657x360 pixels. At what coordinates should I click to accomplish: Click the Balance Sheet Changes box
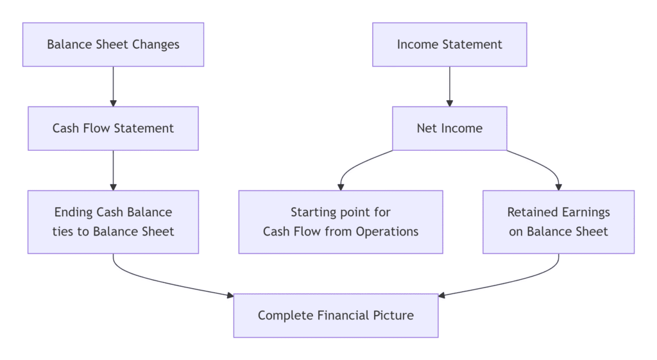click(x=113, y=44)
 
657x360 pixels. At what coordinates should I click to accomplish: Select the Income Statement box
click(x=449, y=44)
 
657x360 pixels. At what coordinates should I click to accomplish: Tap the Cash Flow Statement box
click(x=113, y=128)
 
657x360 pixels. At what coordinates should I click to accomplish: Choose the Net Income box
click(x=449, y=128)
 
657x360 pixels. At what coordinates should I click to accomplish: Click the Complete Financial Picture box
click(x=336, y=315)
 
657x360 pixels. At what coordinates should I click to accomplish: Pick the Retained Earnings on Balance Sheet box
click(x=558, y=221)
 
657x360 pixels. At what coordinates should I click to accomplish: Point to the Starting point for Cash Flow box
click(x=341, y=221)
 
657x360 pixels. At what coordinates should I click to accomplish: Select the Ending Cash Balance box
click(x=113, y=221)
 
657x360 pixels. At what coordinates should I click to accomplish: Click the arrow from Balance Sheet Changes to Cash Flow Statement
click(x=113, y=86)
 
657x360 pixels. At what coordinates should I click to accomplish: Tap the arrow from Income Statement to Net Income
click(x=449, y=86)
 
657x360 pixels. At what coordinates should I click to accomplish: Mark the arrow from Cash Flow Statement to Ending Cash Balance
click(x=113, y=170)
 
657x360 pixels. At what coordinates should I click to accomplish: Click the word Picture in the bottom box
click(x=391, y=315)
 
